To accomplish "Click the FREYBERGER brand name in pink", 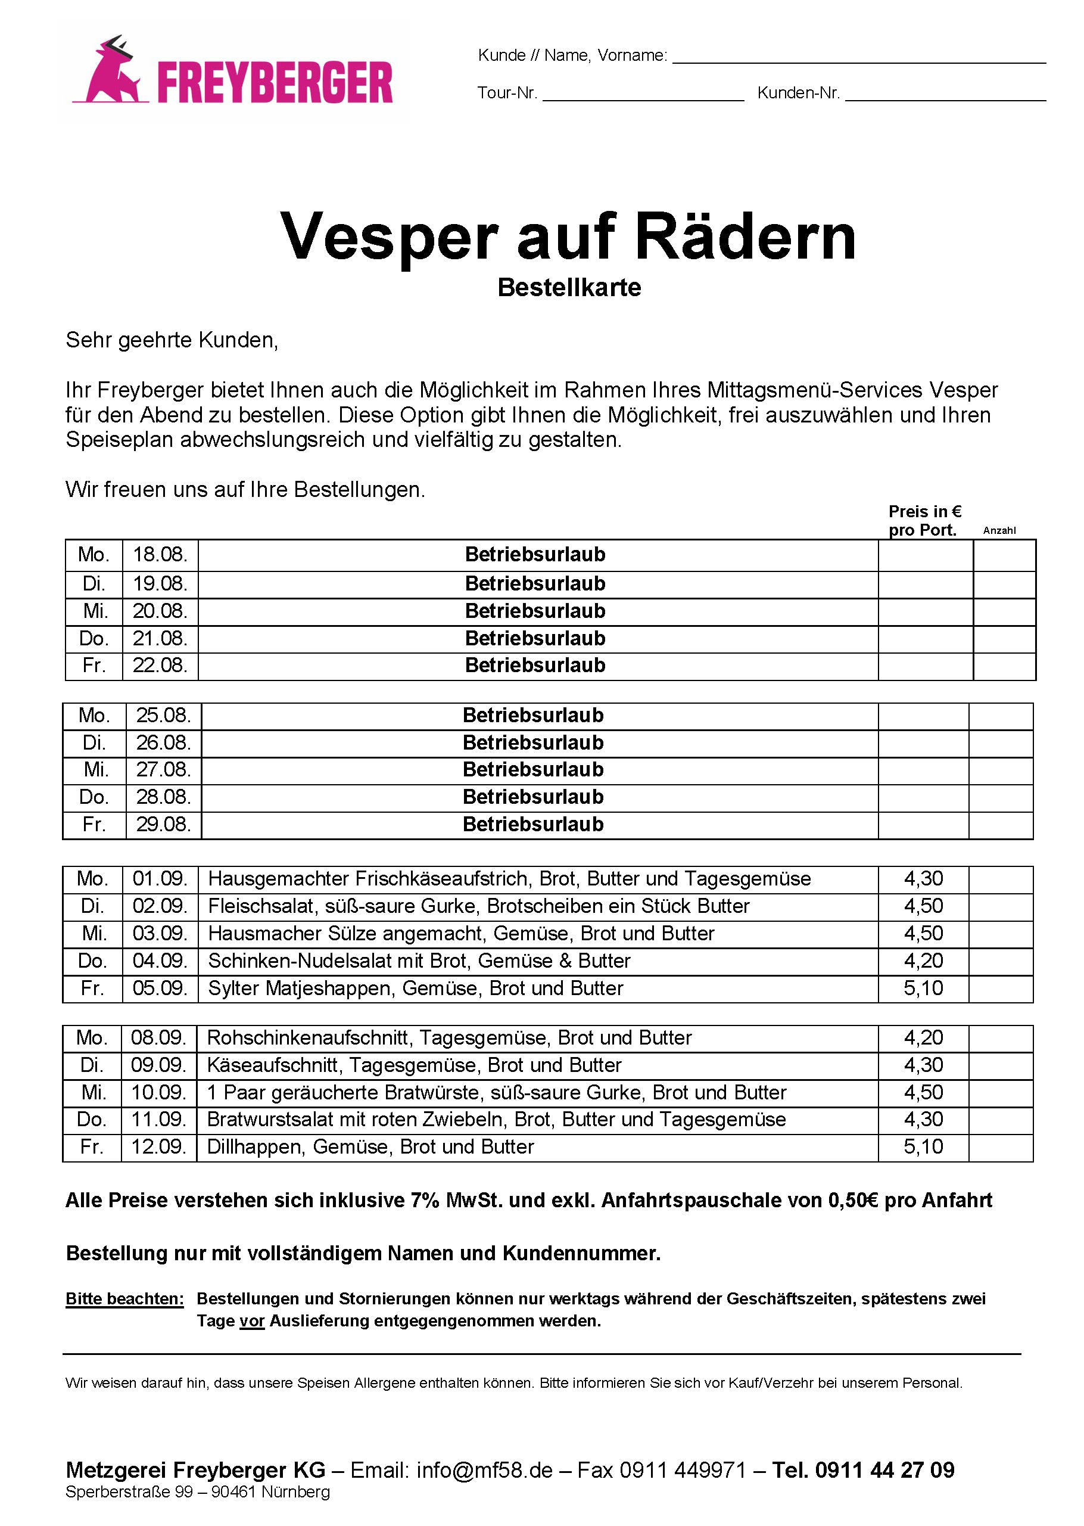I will tap(275, 83).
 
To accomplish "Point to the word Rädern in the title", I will tap(745, 237).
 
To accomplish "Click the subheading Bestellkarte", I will tap(569, 288).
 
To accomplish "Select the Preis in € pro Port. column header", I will tap(924, 521).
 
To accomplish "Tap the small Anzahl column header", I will tap(999, 531).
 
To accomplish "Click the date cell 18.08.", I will tap(160, 555).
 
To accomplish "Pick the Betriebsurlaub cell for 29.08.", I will tap(532, 825).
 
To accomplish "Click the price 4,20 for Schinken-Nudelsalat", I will tap(923, 961).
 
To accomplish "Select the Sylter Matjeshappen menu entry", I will tap(415, 989).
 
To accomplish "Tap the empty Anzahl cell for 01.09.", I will tap(1000, 879).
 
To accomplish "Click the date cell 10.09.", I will tap(158, 1093).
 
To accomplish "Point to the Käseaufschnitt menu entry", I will tap(414, 1065).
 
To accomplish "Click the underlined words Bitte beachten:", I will tap(125, 1299).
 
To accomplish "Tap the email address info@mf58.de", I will tap(485, 1470).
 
